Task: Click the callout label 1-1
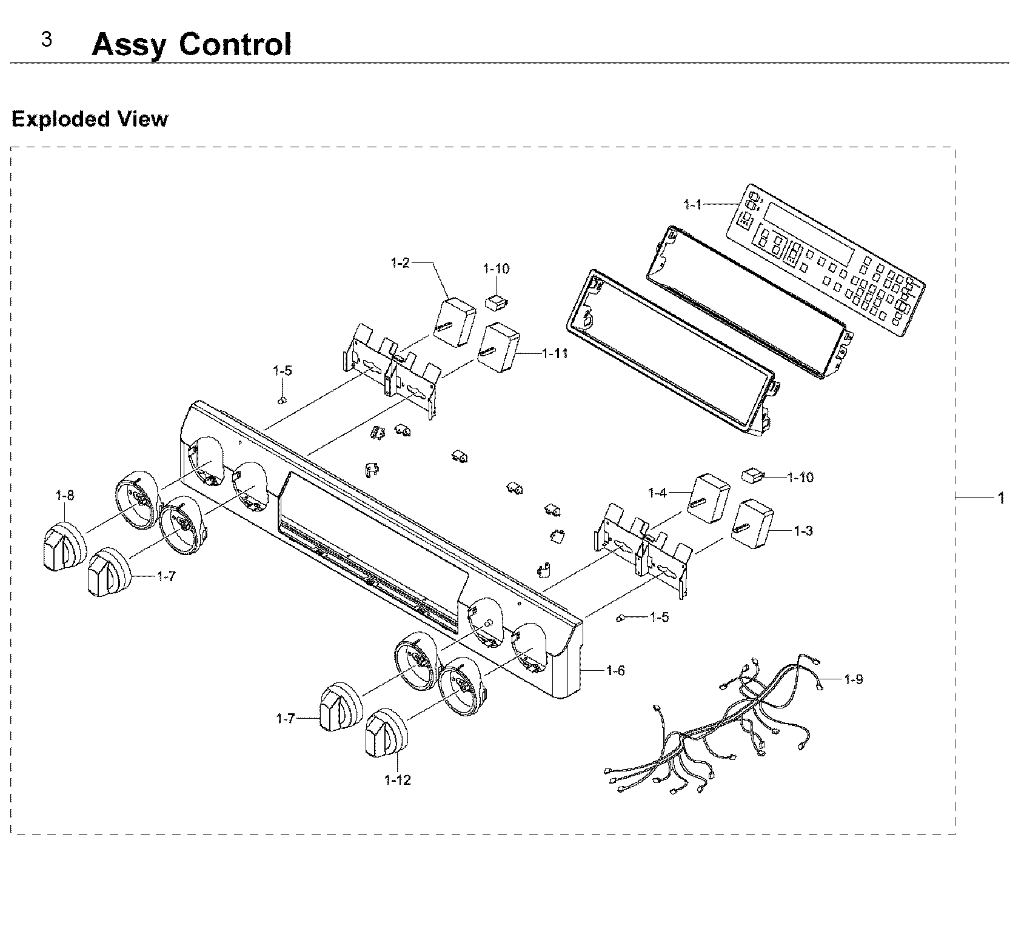(x=692, y=205)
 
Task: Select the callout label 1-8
(x=64, y=495)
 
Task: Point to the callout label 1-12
(x=397, y=780)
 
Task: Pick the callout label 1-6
(x=615, y=670)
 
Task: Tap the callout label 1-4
(x=657, y=493)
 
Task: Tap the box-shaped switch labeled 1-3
(x=752, y=524)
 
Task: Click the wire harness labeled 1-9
(x=715, y=733)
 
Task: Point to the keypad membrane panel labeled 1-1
(x=825, y=261)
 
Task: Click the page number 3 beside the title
(x=46, y=40)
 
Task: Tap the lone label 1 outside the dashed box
(x=1001, y=498)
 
